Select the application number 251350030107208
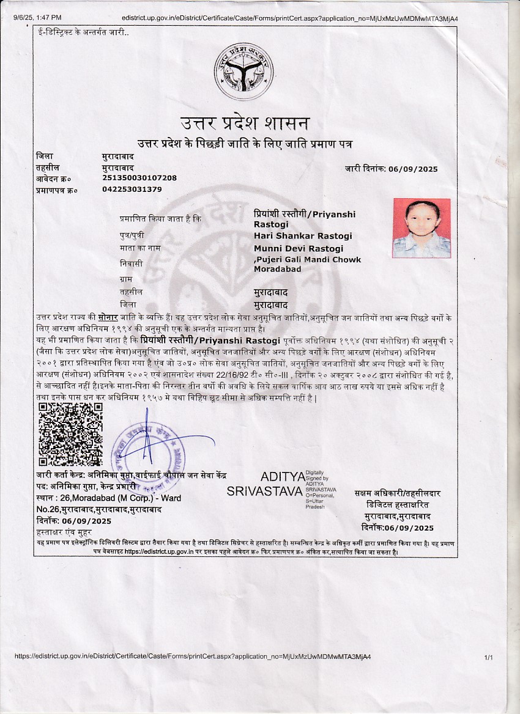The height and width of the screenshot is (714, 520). [x=139, y=178]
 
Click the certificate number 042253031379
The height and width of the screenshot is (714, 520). [x=132, y=190]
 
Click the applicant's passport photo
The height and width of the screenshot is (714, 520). [x=421, y=227]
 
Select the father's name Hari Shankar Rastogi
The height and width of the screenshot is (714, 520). [x=303, y=236]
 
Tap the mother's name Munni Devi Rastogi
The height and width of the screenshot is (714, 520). [x=299, y=248]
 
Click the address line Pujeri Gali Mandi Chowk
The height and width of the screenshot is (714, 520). [x=308, y=260]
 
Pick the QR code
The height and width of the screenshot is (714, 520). [x=70, y=435]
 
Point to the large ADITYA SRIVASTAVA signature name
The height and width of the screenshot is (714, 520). [x=266, y=484]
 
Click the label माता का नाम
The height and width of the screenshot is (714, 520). [x=140, y=248]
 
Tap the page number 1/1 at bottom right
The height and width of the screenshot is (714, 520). [x=488, y=657]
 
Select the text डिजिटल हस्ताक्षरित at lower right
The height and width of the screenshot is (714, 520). [x=398, y=505]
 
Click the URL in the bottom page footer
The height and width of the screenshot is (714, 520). [x=192, y=657]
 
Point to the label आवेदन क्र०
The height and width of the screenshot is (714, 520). [x=54, y=178]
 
